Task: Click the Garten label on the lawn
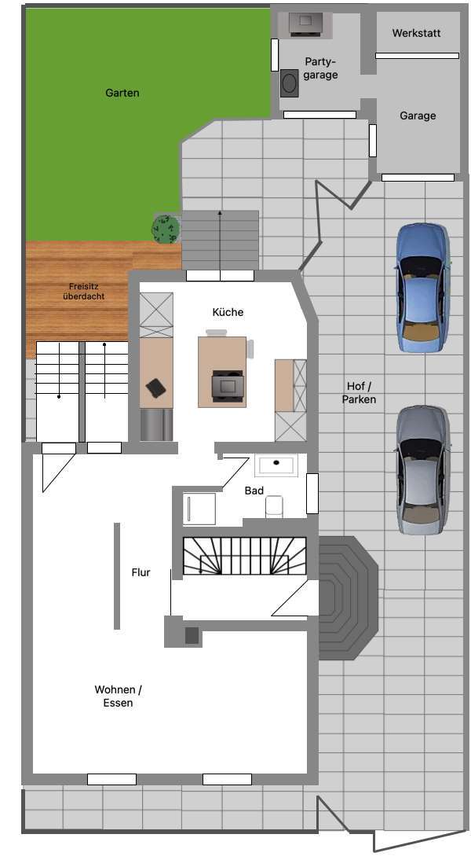tap(122, 93)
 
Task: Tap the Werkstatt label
tap(416, 33)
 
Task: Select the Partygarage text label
tap(320, 68)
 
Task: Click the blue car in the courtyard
tap(422, 287)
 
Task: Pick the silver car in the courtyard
tap(422, 469)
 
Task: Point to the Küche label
tap(228, 312)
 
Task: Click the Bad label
tap(254, 491)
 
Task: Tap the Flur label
tap(141, 572)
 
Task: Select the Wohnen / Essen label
tap(118, 696)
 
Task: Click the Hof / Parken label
tap(359, 392)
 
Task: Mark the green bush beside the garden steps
tap(166, 228)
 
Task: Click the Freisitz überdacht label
tap(83, 291)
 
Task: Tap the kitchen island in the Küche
tap(222, 372)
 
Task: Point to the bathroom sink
tap(276, 464)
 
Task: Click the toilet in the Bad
tap(274, 505)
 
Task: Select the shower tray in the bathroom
tap(199, 509)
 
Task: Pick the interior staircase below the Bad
tap(244, 556)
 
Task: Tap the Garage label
tap(417, 116)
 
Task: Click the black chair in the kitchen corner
tap(156, 388)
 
